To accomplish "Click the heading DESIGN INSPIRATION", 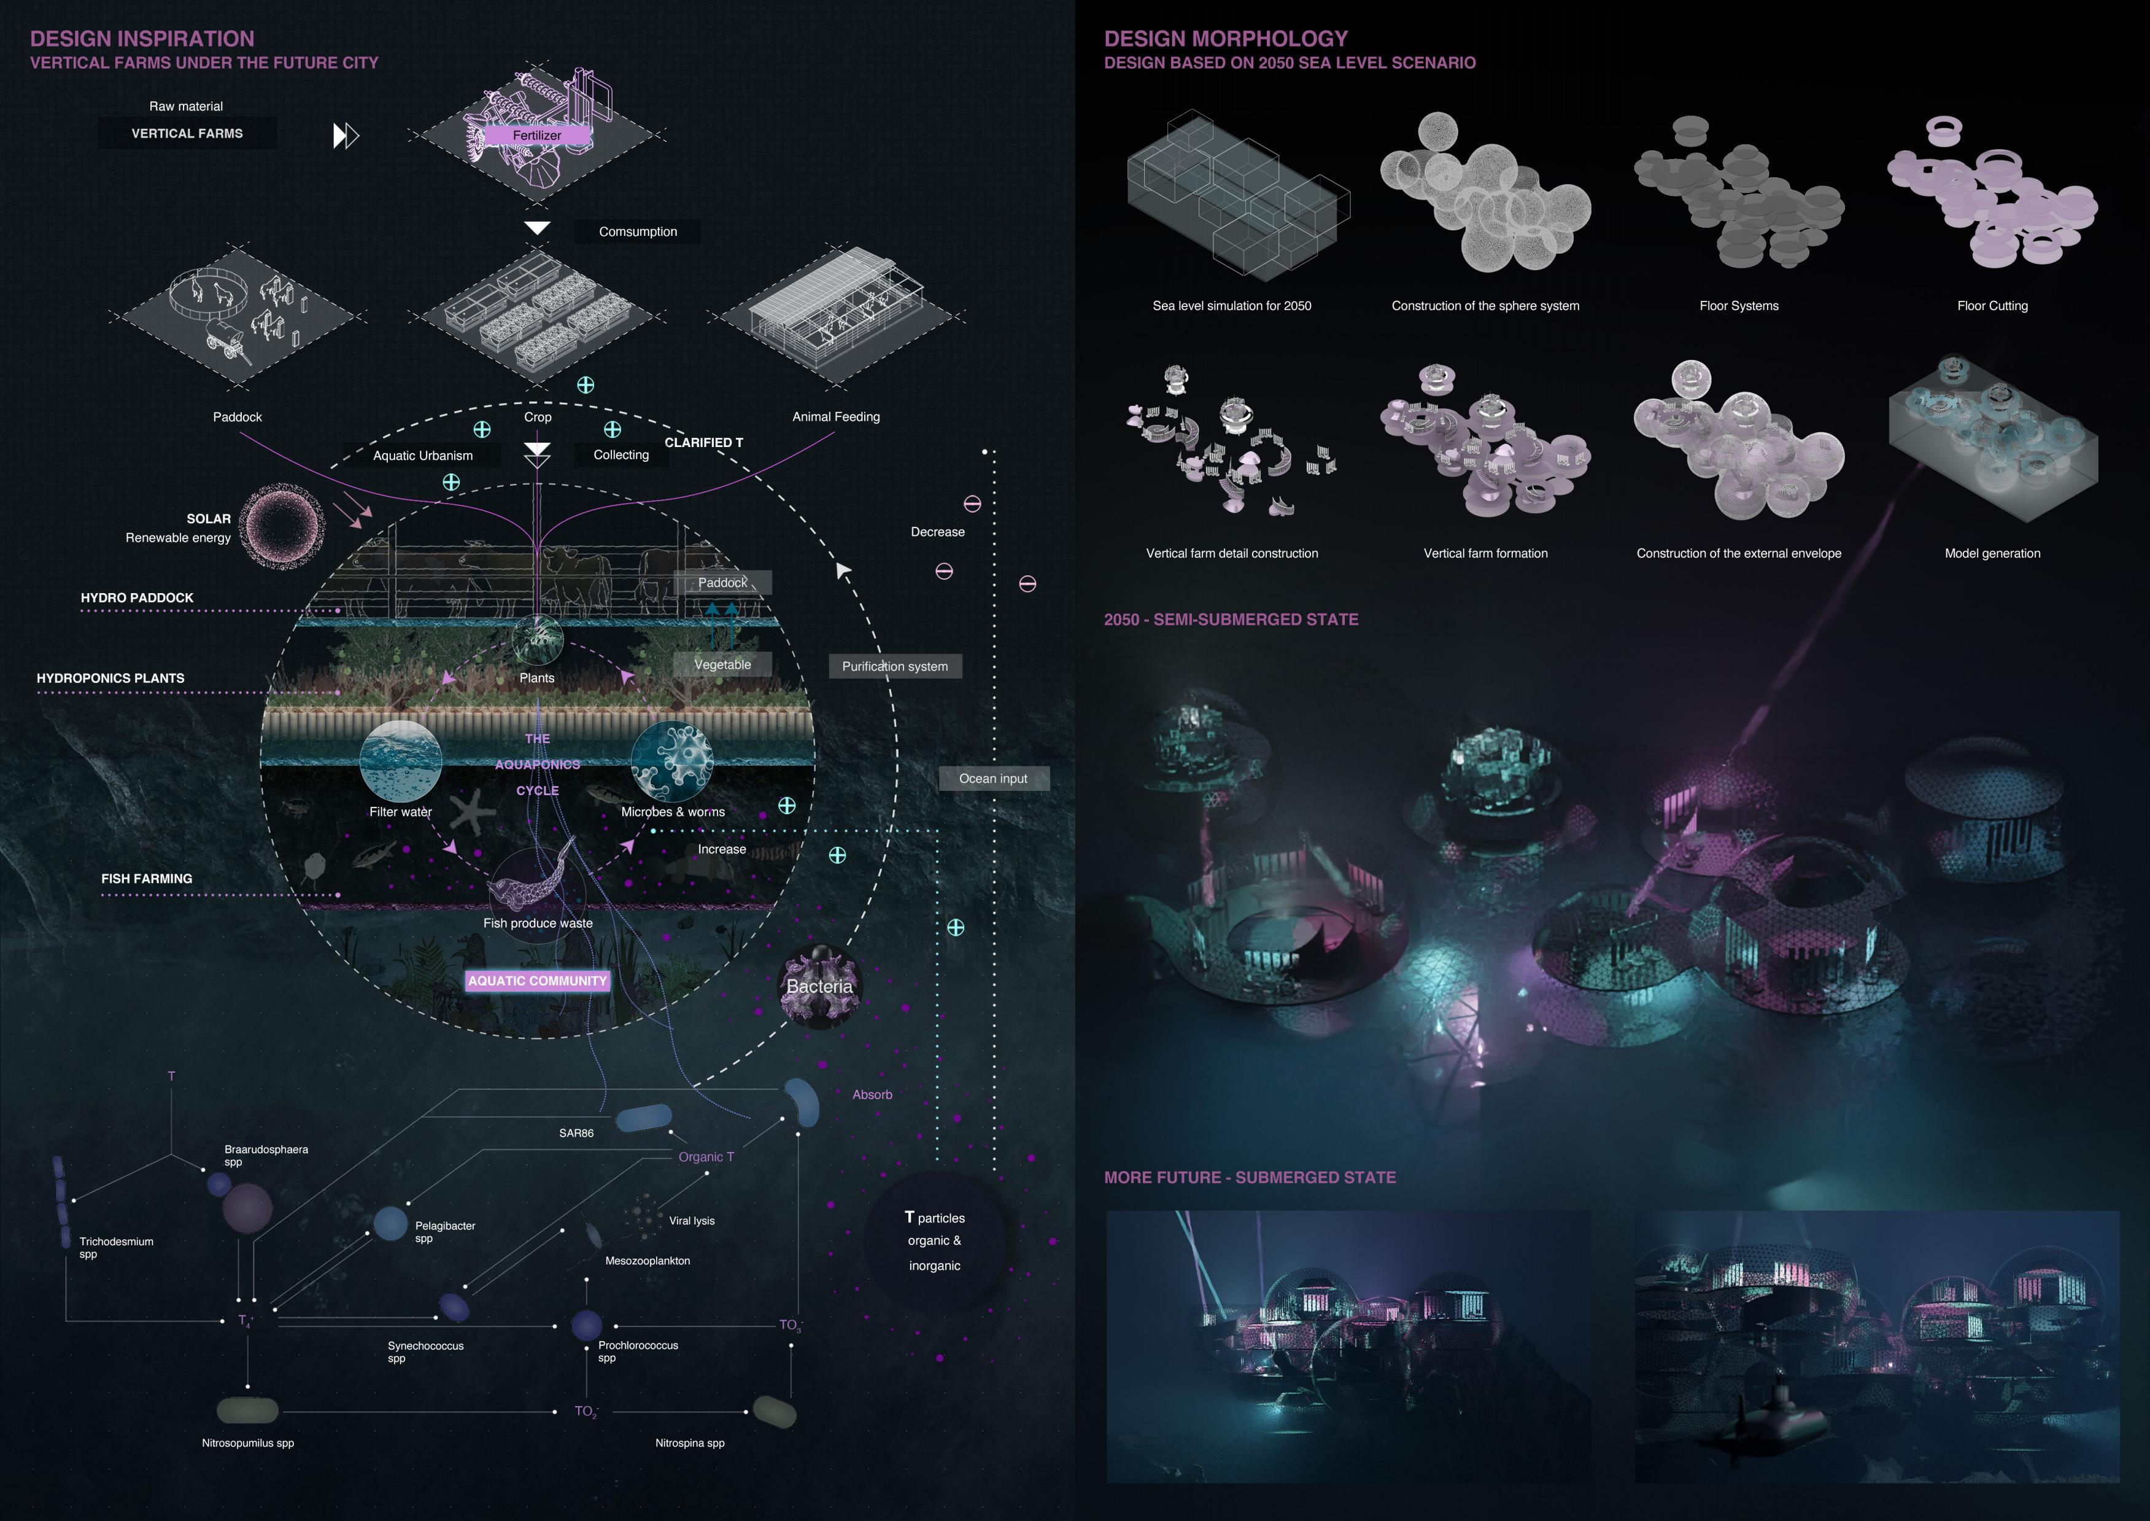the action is pyautogui.click(x=142, y=39).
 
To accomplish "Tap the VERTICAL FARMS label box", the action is pyautogui.click(x=187, y=133).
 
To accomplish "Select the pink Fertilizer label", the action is pyautogui.click(x=536, y=136).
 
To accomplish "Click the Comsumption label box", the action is pyautogui.click(x=638, y=231).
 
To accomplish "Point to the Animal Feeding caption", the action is pyautogui.click(x=835, y=417).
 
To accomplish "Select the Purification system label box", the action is pyautogui.click(x=894, y=666).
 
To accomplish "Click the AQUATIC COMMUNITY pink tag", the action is pyautogui.click(x=538, y=981).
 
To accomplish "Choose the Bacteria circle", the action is pyautogui.click(x=819, y=986).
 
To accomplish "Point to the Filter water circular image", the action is pyautogui.click(x=401, y=760).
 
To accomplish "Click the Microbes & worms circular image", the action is pyautogui.click(x=671, y=760).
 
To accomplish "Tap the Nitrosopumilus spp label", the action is pyautogui.click(x=248, y=1442).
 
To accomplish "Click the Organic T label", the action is pyautogui.click(x=706, y=1157).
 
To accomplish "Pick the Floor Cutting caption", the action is pyautogui.click(x=1992, y=305).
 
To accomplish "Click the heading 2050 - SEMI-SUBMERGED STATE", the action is pyautogui.click(x=1231, y=619).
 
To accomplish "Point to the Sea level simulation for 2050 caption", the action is pyautogui.click(x=1231, y=305).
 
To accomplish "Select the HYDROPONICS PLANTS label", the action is pyautogui.click(x=110, y=678).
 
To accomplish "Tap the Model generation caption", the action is pyautogui.click(x=1992, y=553).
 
